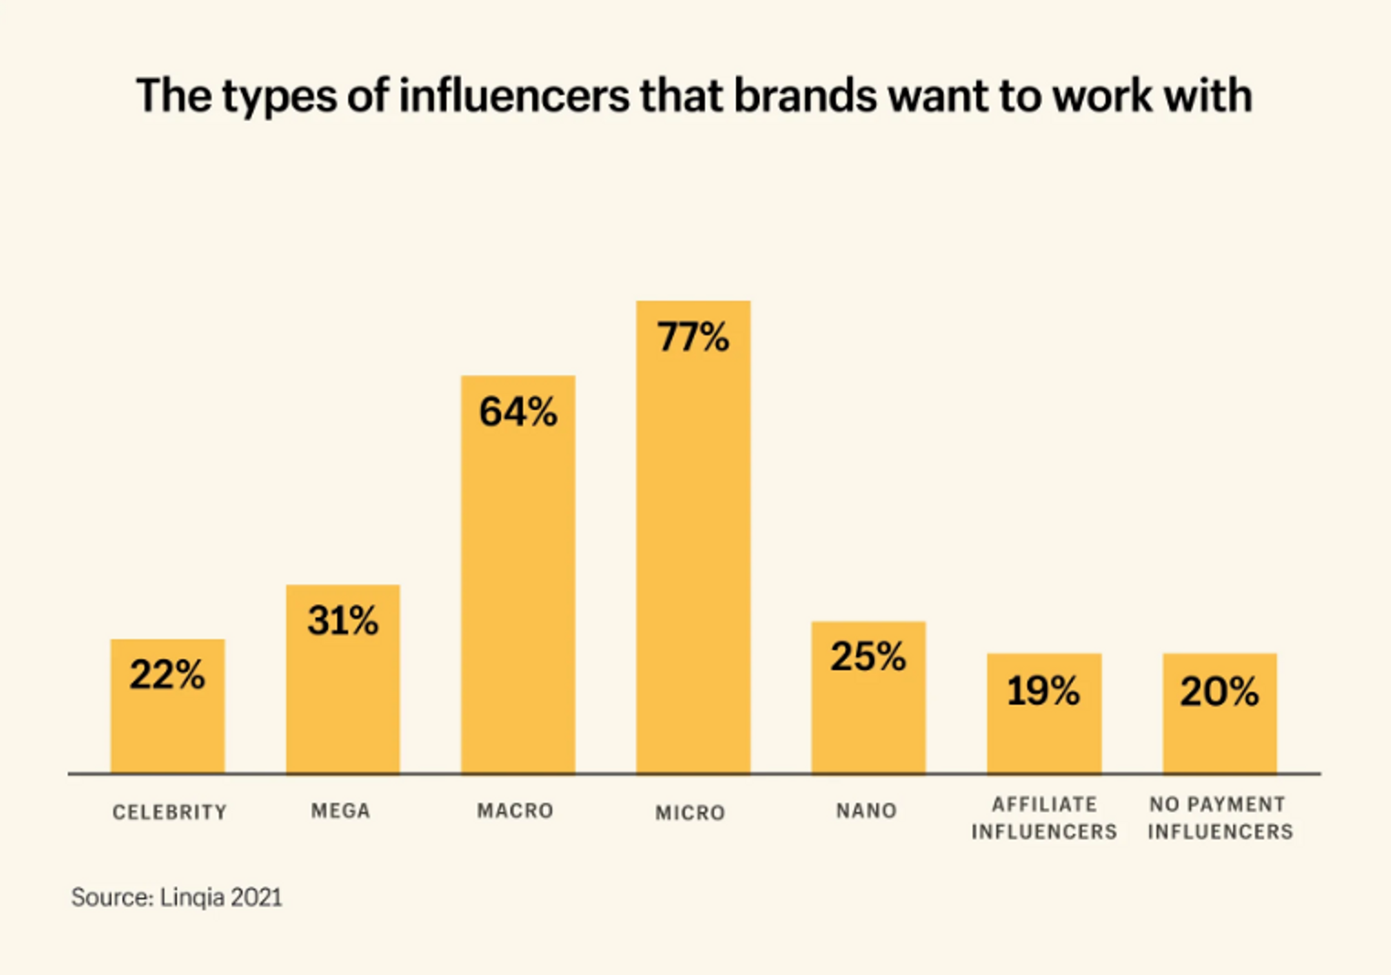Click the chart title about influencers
[x=694, y=95]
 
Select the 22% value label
[x=167, y=675]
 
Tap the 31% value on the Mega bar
[x=343, y=622]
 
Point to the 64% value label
[x=518, y=413]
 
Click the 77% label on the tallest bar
[x=693, y=338]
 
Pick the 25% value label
[x=868, y=657]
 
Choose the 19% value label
[x=1044, y=691]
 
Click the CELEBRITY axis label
[x=169, y=812]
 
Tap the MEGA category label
[x=341, y=811]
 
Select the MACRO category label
[x=515, y=811]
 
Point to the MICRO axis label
[x=691, y=812]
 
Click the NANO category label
[x=866, y=811]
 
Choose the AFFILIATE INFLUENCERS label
[x=1044, y=818]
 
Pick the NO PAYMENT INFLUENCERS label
[x=1219, y=818]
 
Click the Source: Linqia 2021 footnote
[x=176, y=898]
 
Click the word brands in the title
[x=805, y=95]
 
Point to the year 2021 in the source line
[x=256, y=898]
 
